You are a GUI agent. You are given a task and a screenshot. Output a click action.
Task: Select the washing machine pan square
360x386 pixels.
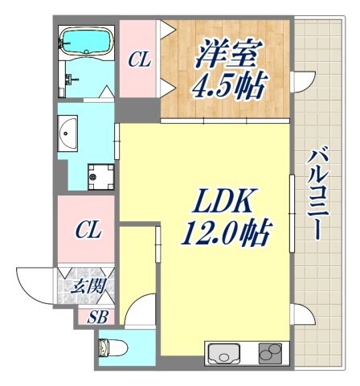tap(100, 175)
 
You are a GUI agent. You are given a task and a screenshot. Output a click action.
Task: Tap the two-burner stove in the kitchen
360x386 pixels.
tap(271, 351)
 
